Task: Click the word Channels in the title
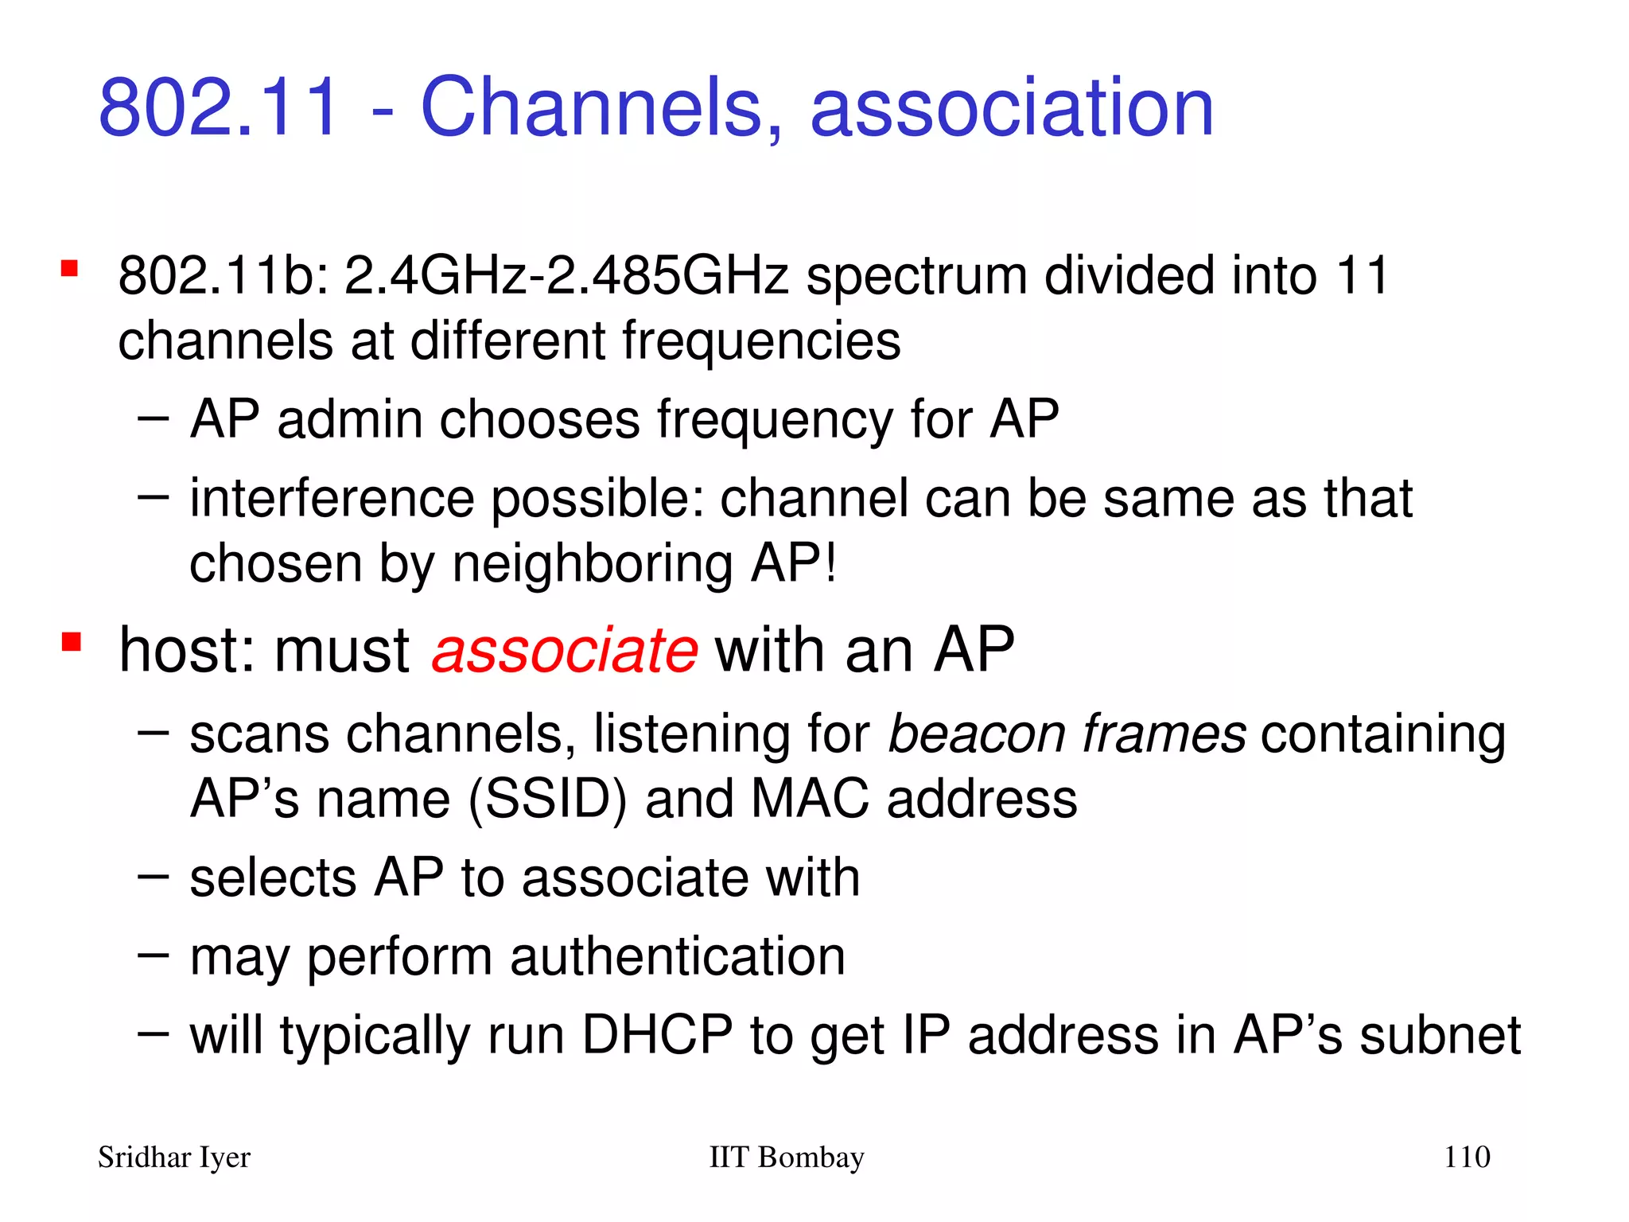pyautogui.click(x=592, y=107)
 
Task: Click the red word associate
pyautogui.click(x=565, y=650)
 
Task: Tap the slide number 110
pyautogui.click(x=1467, y=1157)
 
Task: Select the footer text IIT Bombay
pyautogui.click(x=786, y=1157)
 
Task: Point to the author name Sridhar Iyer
pyautogui.click(x=173, y=1157)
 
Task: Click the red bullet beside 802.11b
pyautogui.click(x=70, y=268)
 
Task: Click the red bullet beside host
pyautogui.click(x=72, y=641)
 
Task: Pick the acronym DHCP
pyautogui.click(x=656, y=1035)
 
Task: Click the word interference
pyautogui.click(x=332, y=499)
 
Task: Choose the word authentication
pyautogui.click(x=677, y=956)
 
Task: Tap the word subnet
pyautogui.click(x=1440, y=1035)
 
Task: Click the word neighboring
pyautogui.click(x=592, y=565)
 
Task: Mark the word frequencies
pyautogui.click(x=761, y=341)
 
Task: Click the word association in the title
pyautogui.click(x=1012, y=107)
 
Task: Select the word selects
pyautogui.click(x=273, y=878)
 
